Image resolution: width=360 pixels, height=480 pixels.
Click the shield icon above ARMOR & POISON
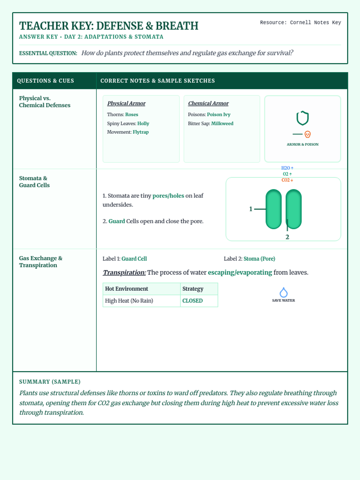tap(302, 118)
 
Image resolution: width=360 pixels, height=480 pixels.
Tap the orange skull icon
tap(307, 134)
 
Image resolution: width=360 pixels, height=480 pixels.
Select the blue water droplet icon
tap(283, 292)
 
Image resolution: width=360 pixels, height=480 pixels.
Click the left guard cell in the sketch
tap(274, 209)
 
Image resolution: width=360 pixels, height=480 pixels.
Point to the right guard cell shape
tap(294, 209)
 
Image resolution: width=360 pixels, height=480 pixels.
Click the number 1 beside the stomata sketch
tap(251, 209)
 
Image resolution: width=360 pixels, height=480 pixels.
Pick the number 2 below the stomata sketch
tap(287, 237)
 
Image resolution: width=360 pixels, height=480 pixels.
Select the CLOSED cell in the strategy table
tap(193, 301)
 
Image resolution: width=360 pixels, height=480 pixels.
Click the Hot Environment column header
tap(127, 289)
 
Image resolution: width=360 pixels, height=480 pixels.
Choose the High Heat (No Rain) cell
tap(129, 301)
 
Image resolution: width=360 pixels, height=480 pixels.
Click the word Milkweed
tap(222, 124)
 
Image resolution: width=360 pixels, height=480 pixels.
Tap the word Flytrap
tap(141, 132)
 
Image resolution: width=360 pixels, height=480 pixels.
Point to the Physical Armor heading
tap(126, 103)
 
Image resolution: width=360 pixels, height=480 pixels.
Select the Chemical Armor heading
tap(208, 103)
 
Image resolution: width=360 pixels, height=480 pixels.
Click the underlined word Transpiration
tap(124, 272)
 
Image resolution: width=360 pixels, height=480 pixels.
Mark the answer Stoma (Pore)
tap(259, 259)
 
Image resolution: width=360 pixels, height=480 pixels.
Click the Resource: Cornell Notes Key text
tap(300, 22)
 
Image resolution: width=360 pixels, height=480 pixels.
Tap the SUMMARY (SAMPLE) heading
tap(50, 382)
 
